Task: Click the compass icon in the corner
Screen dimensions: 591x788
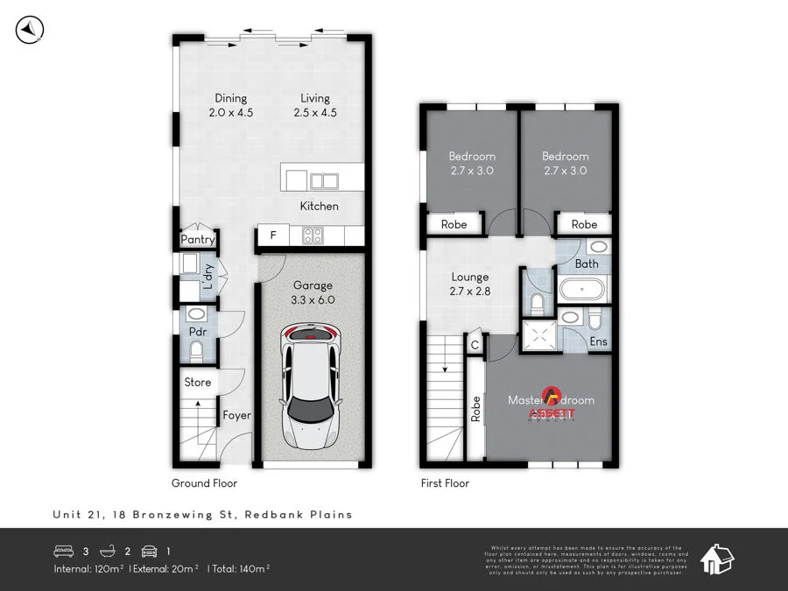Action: pos(30,31)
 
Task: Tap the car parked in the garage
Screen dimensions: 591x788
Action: pos(310,384)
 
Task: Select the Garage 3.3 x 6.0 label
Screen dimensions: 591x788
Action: pos(313,292)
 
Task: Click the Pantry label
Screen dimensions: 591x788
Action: pos(198,240)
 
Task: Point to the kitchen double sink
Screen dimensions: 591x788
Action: pos(323,181)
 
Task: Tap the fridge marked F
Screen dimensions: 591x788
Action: pos(273,236)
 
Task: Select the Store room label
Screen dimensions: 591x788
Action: pos(197,383)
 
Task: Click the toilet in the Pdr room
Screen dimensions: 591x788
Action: pos(197,351)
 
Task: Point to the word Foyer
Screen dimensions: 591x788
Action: pos(236,416)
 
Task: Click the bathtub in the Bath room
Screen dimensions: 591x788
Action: pos(583,289)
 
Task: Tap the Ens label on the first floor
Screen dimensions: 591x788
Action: pos(599,341)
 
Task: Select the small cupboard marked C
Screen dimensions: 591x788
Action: pos(475,345)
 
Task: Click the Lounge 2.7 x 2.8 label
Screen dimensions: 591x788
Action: pos(470,284)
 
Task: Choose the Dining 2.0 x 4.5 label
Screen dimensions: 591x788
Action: pos(230,105)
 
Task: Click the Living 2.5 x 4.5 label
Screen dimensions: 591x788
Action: pos(315,105)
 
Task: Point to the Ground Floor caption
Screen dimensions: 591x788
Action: pos(204,483)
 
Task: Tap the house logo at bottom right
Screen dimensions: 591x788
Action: pos(717,558)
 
